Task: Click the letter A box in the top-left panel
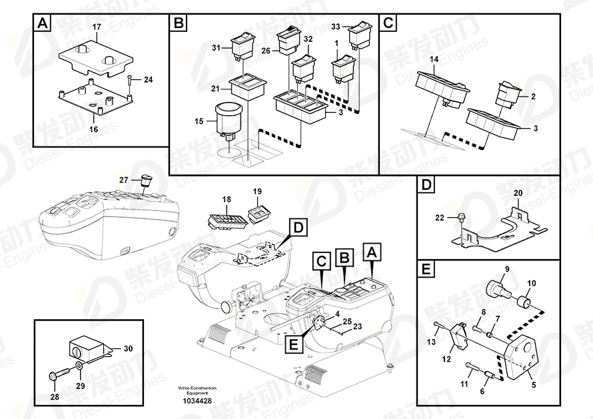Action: click(43, 23)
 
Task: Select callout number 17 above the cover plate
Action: click(97, 27)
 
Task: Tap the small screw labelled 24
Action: click(130, 80)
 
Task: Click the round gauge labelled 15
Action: click(228, 121)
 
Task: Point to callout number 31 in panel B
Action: click(216, 48)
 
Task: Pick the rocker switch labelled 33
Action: click(360, 36)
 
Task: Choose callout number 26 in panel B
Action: click(266, 51)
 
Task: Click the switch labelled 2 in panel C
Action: click(508, 96)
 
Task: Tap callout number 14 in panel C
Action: click(434, 59)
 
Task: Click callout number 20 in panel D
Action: click(518, 193)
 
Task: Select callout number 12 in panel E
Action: click(446, 359)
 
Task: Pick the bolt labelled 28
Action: click(59, 374)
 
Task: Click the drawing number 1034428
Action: click(198, 401)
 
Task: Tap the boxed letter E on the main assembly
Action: click(293, 344)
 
